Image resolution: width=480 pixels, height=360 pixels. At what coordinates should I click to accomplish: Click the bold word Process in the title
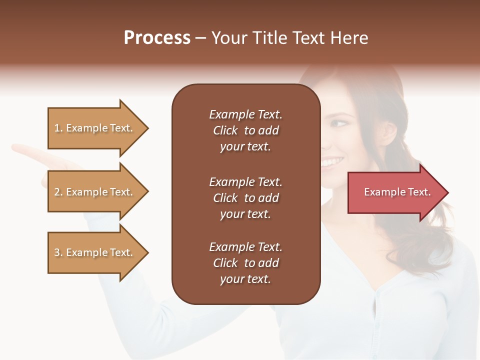157,38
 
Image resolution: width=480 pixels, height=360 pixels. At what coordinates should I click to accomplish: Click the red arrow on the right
395,192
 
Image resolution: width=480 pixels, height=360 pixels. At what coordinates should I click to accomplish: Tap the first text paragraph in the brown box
245,130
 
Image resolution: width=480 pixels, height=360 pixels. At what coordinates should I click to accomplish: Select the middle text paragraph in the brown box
245,198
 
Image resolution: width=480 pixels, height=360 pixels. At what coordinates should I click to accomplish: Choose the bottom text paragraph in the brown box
245,263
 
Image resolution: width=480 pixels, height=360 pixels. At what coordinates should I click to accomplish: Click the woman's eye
339,123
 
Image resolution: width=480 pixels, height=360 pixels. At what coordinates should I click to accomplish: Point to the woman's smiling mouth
332,161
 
